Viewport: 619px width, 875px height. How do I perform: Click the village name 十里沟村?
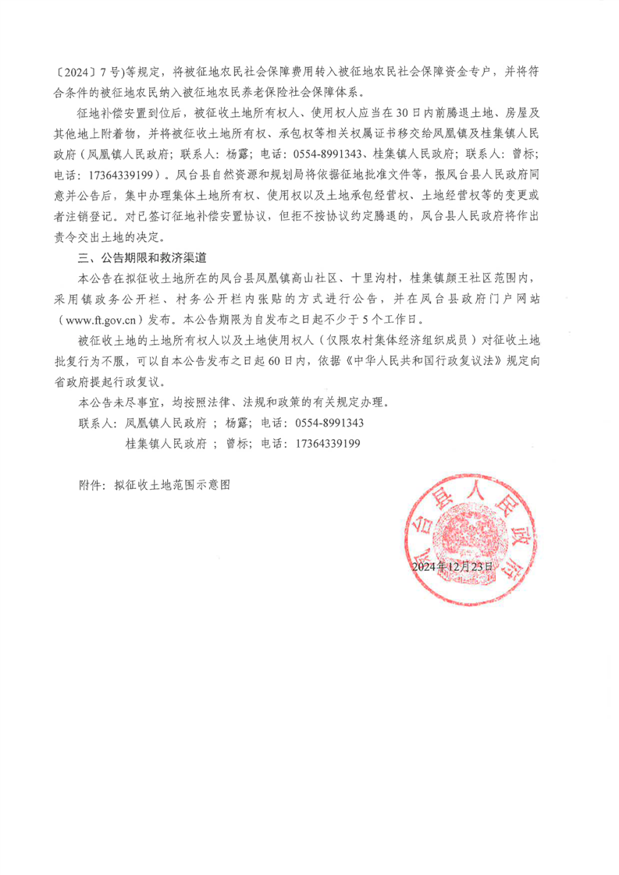point(374,278)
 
